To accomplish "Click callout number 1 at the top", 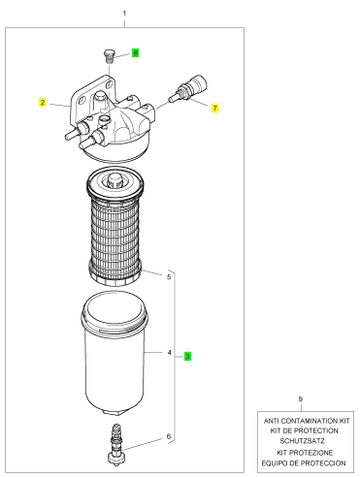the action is pyautogui.click(x=124, y=14).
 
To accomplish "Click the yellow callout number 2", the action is pyautogui.click(x=43, y=103).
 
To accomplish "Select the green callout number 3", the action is pyautogui.click(x=187, y=356).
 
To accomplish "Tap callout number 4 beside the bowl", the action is pyautogui.click(x=169, y=352).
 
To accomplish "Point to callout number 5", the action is pyautogui.click(x=169, y=277).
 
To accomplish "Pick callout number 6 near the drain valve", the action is pyautogui.click(x=169, y=436).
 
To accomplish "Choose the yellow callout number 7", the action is pyautogui.click(x=215, y=108).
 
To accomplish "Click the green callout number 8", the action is pyautogui.click(x=136, y=52).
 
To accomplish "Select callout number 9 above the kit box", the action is pyautogui.click(x=301, y=398).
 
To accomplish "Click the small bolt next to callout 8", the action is pyautogui.click(x=109, y=56).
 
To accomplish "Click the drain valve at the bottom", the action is pyautogui.click(x=115, y=444).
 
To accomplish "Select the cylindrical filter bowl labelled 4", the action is pyautogui.click(x=114, y=353).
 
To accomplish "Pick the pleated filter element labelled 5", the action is pyautogui.click(x=115, y=227).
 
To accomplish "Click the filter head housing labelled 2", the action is pyautogui.click(x=110, y=119).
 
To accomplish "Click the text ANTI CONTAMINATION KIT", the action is pyautogui.click(x=307, y=421).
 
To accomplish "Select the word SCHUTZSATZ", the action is pyautogui.click(x=302, y=441).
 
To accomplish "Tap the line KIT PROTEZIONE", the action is pyautogui.click(x=305, y=452).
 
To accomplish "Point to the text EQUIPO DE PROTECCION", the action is pyautogui.click(x=304, y=463).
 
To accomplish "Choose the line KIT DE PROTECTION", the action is pyautogui.click(x=304, y=430).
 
